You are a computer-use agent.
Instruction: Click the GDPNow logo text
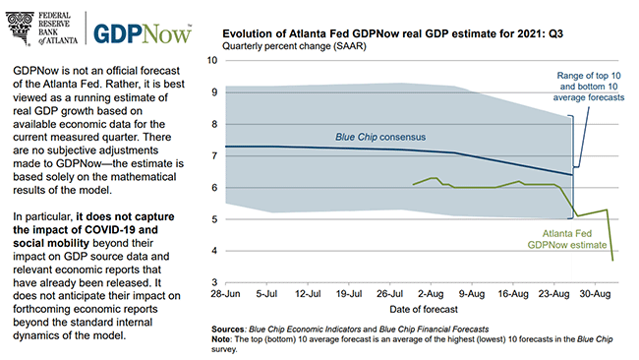click(x=143, y=33)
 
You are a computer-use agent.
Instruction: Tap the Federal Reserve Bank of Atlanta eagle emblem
click(x=20, y=29)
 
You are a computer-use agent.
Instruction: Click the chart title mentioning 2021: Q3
click(x=392, y=33)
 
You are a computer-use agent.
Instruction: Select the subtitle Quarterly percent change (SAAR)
click(x=294, y=46)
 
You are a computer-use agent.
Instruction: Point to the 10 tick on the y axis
click(x=212, y=60)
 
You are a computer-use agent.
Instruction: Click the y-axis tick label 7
click(x=214, y=155)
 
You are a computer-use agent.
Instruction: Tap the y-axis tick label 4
click(x=214, y=251)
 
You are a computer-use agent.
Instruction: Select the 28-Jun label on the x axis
click(x=225, y=294)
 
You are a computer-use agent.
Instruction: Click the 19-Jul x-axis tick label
click(x=349, y=294)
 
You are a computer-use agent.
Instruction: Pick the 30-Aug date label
click(x=595, y=294)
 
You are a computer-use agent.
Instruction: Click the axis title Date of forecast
click(x=424, y=310)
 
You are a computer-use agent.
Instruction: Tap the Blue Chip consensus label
click(x=380, y=137)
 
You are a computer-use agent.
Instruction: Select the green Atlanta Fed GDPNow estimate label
click(x=567, y=239)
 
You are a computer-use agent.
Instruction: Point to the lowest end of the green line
click(x=612, y=260)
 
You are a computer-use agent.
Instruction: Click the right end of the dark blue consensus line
click(x=572, y=175)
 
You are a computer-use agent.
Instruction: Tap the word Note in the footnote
click(x=221, y=339)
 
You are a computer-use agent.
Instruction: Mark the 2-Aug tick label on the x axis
click(x=431, y=294)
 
